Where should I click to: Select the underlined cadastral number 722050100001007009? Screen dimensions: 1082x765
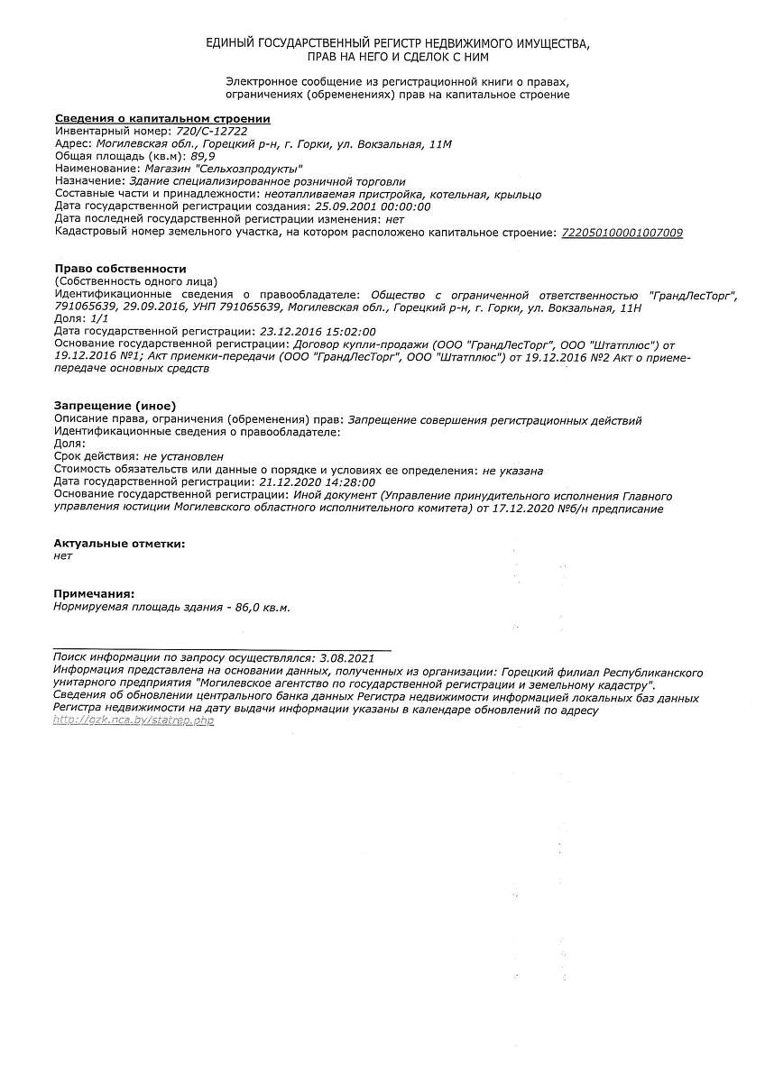pyautogui.click(x=622, y=233)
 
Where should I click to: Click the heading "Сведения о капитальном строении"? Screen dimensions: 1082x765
pyautogui.click(x=162, y=118)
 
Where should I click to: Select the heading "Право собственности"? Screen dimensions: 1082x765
pyautogui.click(x=120, y=269)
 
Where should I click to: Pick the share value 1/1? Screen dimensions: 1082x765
pyautogui.click(x=99, y=319)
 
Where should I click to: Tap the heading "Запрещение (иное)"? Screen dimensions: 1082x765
pyautogui.click(x=115, y=407)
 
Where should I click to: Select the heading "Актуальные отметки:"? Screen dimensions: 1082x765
pyautogui.click(x=119, y=544)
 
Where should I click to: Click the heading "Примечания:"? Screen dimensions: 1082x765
pyautogui.click(x=94, y=594)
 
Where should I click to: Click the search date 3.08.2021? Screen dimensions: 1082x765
pyautogui.click(x=346, y=659)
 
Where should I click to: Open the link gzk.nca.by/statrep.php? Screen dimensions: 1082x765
pyautogui.click(x=134, y=721)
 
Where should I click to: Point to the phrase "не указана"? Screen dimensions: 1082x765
pyautogui.click(x=512, y=470)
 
